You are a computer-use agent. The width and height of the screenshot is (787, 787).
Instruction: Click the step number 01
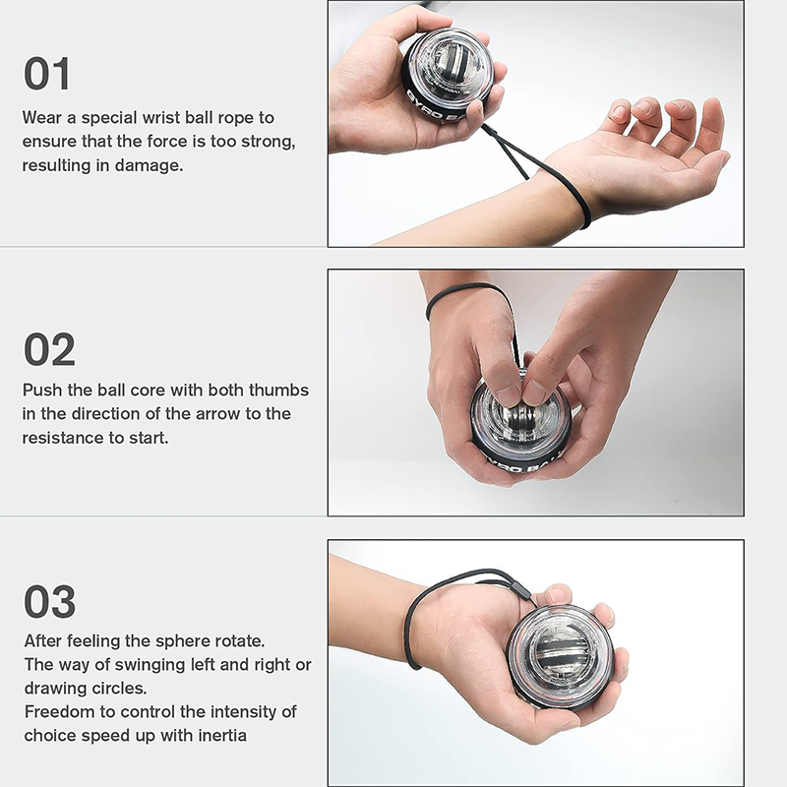click(x=47, y=75)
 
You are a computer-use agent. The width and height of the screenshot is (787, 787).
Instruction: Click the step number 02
click(x=49, y=350)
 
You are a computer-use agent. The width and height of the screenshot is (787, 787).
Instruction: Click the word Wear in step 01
click(x=42, y=118)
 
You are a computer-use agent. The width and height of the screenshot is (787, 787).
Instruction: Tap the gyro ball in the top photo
click(x=447, y=74)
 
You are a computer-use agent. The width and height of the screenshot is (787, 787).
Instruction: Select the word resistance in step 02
click(x=64, y=437)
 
